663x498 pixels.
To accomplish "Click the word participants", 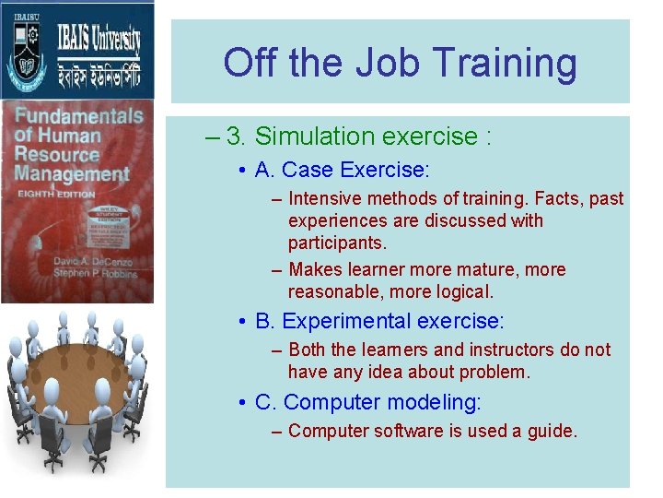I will coord(337,243).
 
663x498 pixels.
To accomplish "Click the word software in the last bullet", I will coord(405,431).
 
